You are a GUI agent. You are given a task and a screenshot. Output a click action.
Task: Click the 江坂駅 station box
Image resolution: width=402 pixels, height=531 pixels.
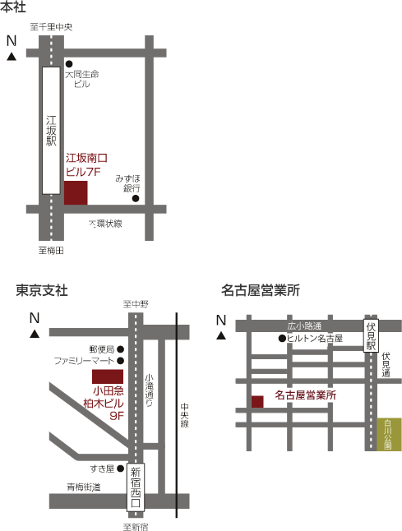click(51, 131)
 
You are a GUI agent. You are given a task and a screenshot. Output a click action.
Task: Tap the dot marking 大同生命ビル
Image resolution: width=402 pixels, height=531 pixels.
click(69, 63)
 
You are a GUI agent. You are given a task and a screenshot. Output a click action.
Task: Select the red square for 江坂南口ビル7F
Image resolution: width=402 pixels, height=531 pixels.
click(76, 192)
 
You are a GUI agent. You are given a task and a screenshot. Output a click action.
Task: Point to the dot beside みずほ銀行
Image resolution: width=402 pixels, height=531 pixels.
click(136, 198)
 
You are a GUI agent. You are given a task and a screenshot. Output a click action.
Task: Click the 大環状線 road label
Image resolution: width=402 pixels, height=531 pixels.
click(105, 224)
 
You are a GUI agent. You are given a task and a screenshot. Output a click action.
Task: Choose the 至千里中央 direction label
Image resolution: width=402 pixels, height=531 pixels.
click(51, 27)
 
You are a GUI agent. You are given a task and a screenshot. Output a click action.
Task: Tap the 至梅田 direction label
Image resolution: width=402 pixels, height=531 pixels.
click(51, 251)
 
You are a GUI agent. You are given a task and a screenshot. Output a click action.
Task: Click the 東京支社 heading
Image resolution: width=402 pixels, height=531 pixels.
click(42, 290)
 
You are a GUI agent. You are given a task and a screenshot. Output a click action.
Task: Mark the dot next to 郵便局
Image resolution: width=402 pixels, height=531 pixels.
click(120, 349)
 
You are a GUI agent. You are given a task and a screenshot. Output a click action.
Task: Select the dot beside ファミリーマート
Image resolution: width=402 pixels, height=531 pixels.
click(120, 360)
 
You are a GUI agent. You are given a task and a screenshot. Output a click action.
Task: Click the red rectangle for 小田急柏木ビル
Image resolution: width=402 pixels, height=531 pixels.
click(108, 376)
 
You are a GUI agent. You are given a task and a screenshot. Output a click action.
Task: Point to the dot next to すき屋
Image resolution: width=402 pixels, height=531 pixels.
click(120, 469)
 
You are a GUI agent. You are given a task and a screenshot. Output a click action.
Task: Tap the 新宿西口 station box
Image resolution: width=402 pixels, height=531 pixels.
click(136, 487)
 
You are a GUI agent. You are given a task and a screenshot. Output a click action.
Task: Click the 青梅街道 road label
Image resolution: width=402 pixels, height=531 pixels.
click(84, 487)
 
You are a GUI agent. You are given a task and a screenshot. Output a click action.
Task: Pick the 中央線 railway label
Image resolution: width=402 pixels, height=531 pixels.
click(185, 415)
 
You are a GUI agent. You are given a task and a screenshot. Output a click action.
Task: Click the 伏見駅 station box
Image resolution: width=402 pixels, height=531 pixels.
click(371, 335)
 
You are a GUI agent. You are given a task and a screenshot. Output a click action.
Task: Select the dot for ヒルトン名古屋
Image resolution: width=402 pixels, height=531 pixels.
click(282, 339)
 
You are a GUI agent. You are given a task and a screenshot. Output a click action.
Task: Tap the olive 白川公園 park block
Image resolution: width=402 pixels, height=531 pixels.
click(390, 435)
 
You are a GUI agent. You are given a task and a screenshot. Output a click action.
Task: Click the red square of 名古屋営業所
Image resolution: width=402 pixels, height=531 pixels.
click(257, 402)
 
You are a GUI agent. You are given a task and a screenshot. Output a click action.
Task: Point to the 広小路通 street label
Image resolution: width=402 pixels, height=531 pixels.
click(304, 326)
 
